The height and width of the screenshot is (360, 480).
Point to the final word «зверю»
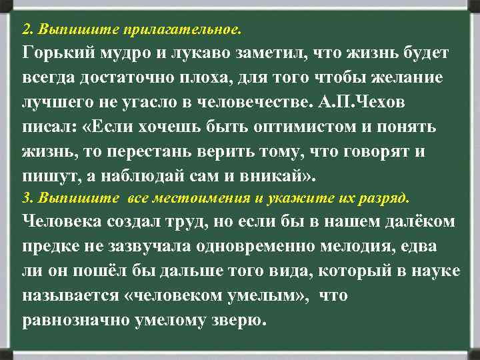tap(237, 319)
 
